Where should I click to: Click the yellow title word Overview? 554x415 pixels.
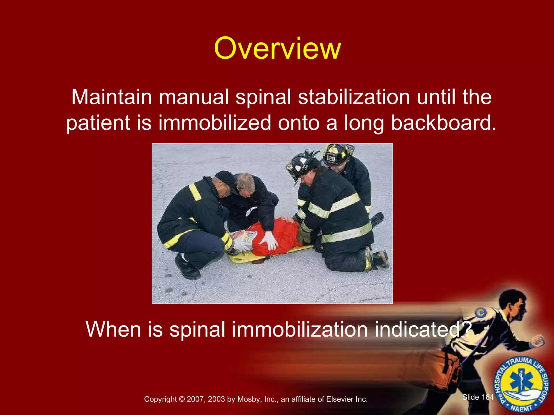(277, 49)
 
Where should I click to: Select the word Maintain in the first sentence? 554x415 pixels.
(111, 97)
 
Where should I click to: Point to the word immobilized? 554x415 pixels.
(215, 123)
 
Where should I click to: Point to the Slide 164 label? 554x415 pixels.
(478, 397)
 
